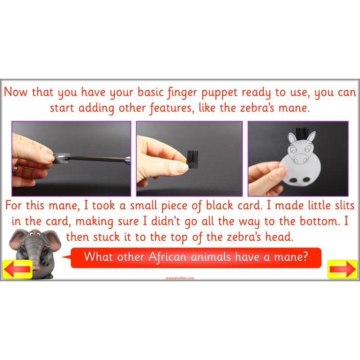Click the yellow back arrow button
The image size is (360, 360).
[x=18, y=269]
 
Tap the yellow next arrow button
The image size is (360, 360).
[x=342, y=269]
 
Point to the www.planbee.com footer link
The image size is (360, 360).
[x=180, y=278]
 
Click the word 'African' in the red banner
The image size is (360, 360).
[x=167, y=256]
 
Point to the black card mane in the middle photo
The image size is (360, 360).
[x=193, y=159]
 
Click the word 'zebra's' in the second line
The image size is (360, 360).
[x=257, y=108]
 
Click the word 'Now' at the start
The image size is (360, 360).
[x=16, y=92]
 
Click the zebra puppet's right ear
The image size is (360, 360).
[x=311, y=136]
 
